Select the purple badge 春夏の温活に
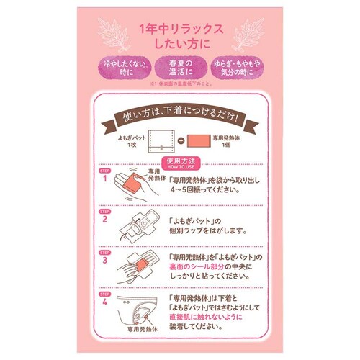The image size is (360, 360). click(180, 68)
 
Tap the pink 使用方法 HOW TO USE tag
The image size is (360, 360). click(180, 163)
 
